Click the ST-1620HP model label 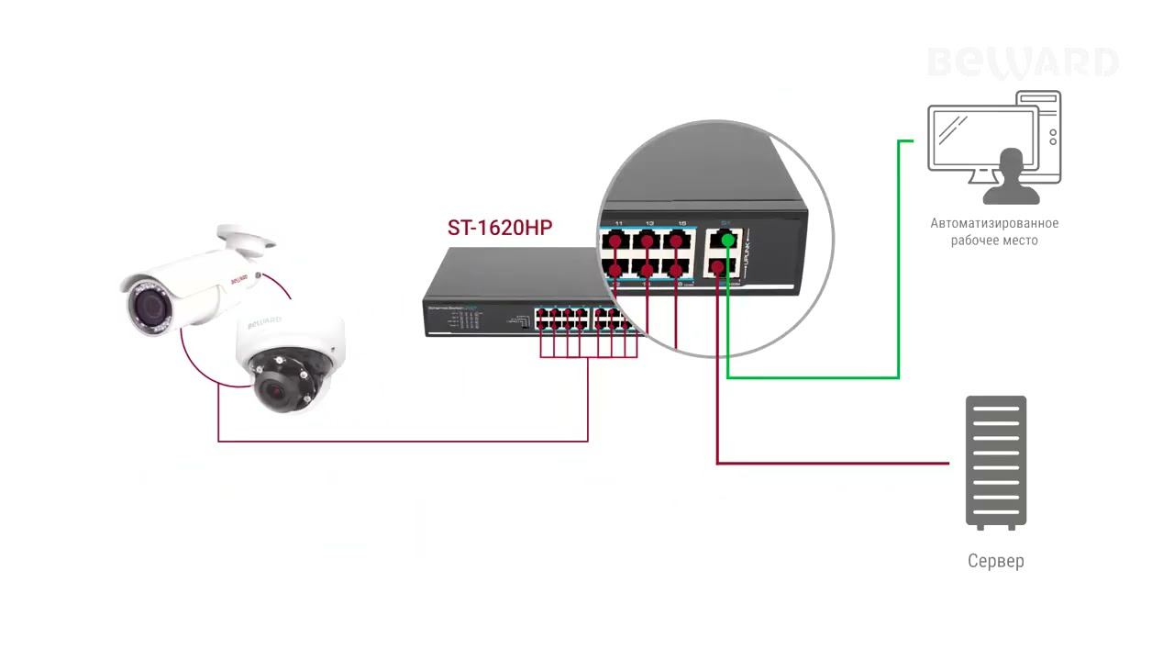(500, 228)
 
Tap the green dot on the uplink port (727, 241)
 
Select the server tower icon (996, 463)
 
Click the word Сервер (996, 560)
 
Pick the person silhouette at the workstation (1012, 178)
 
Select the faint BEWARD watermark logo (1023, 62)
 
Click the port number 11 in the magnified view (619, 223)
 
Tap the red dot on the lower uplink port (717, 268)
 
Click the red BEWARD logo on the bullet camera (238, 281)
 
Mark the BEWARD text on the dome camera (265, 322)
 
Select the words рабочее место (994, 240)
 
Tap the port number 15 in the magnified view (681, 223)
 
